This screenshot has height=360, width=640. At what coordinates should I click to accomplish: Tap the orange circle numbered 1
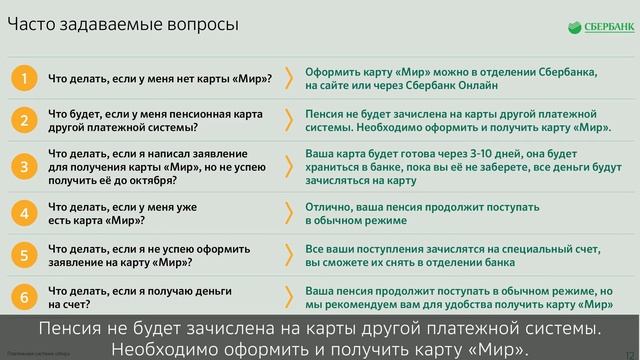24,78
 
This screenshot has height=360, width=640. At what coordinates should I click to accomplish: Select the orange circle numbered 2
24,121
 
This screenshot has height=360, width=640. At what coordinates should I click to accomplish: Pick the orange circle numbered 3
24,167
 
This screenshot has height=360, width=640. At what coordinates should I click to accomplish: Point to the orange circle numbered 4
24,212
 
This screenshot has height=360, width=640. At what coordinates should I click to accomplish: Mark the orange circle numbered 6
24,296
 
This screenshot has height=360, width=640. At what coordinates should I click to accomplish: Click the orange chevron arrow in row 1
289,78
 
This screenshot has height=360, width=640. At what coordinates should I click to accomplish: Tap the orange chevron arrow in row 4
289,212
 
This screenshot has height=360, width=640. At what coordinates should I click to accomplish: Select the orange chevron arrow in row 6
289,296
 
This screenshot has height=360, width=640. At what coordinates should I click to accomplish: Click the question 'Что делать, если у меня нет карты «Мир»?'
159,79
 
